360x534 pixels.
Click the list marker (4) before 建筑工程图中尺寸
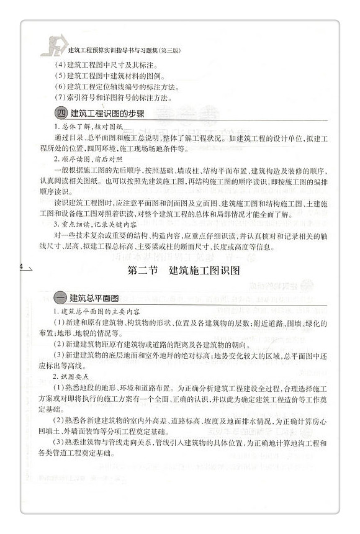pyautogui.click(x=60, y=64)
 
